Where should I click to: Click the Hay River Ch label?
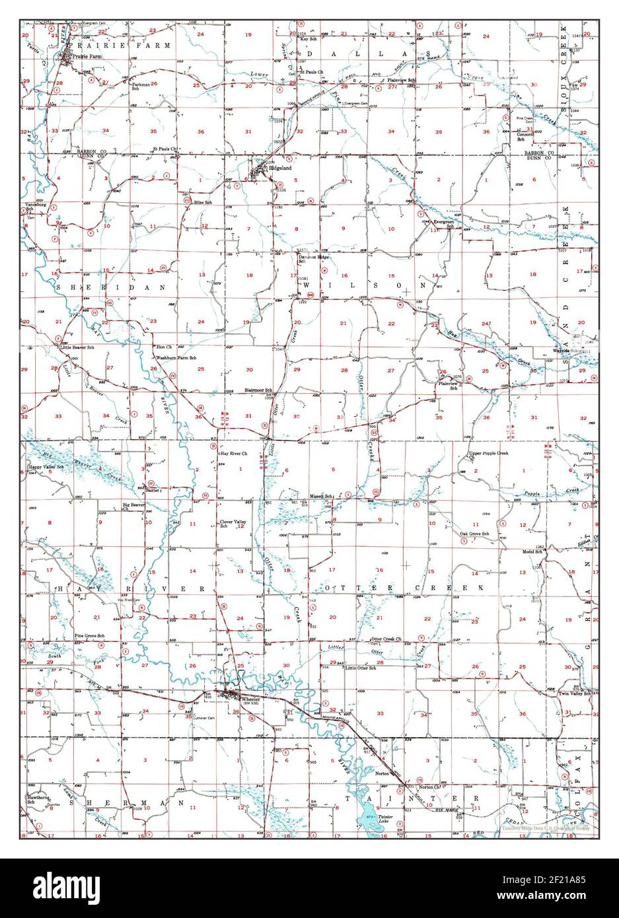click(234, 454)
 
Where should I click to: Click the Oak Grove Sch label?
click(474, 534)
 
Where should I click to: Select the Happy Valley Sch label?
click(46, 467)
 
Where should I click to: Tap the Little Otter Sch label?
click(361, 668)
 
